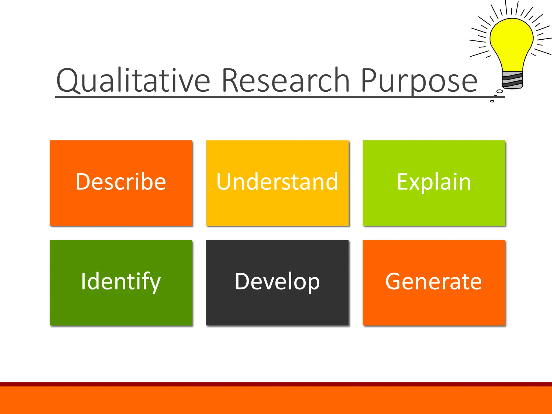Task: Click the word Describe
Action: [121, 182]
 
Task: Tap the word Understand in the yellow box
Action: [277, 182]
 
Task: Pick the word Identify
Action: [121, 282]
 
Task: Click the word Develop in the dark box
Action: [277, 282]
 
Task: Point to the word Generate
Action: [433, 282]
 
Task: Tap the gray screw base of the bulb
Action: [512, 80]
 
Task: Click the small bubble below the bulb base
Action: [499, 92]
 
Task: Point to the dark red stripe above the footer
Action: [276, 384]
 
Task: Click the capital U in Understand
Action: [225, 182]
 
